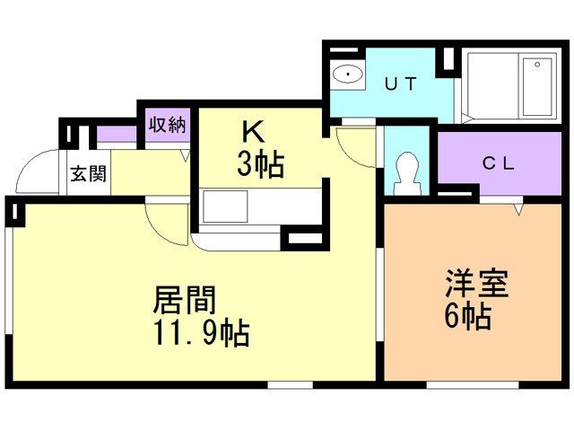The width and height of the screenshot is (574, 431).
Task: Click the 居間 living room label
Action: (185, 300)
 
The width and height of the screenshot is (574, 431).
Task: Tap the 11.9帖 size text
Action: (202, 333)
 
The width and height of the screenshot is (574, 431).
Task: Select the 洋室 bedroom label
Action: (477, 284)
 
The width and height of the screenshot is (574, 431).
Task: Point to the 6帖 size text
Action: (468, 316)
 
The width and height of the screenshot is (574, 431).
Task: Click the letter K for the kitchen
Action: (253, 132)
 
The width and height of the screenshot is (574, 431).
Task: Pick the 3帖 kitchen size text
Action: (261, 164)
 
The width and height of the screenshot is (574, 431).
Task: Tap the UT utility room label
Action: (401, 84)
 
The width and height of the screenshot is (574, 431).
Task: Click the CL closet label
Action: (499, 163)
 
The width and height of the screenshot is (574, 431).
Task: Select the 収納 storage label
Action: (168, 125)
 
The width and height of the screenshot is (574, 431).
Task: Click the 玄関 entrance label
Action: (88, 173)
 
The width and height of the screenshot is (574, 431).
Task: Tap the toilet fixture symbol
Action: (406, 173)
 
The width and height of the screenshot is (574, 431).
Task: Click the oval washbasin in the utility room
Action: (348, 74)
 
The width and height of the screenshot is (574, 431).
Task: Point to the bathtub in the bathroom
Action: (537, 87)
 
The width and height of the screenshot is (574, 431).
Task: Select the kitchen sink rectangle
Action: (225, 207)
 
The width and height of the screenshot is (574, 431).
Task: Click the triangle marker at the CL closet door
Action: (518, 210)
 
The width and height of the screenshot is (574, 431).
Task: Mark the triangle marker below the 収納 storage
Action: (186, 156)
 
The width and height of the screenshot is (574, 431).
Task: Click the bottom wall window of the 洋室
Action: (473, 385)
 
